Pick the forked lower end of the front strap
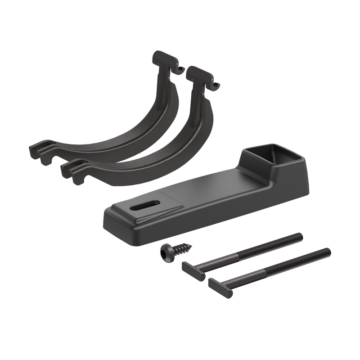72,169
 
